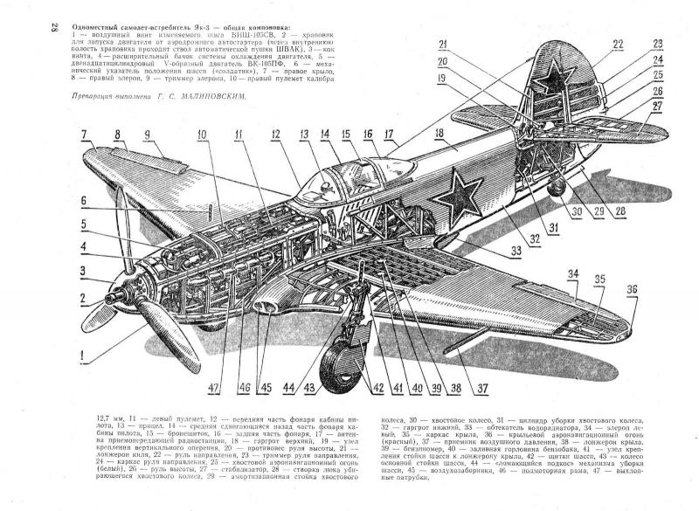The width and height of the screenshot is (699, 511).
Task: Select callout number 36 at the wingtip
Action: pyautogui.click(x=631, y=288)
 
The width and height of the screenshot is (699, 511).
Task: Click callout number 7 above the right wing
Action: pyautogui.click(x=84, y=135)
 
